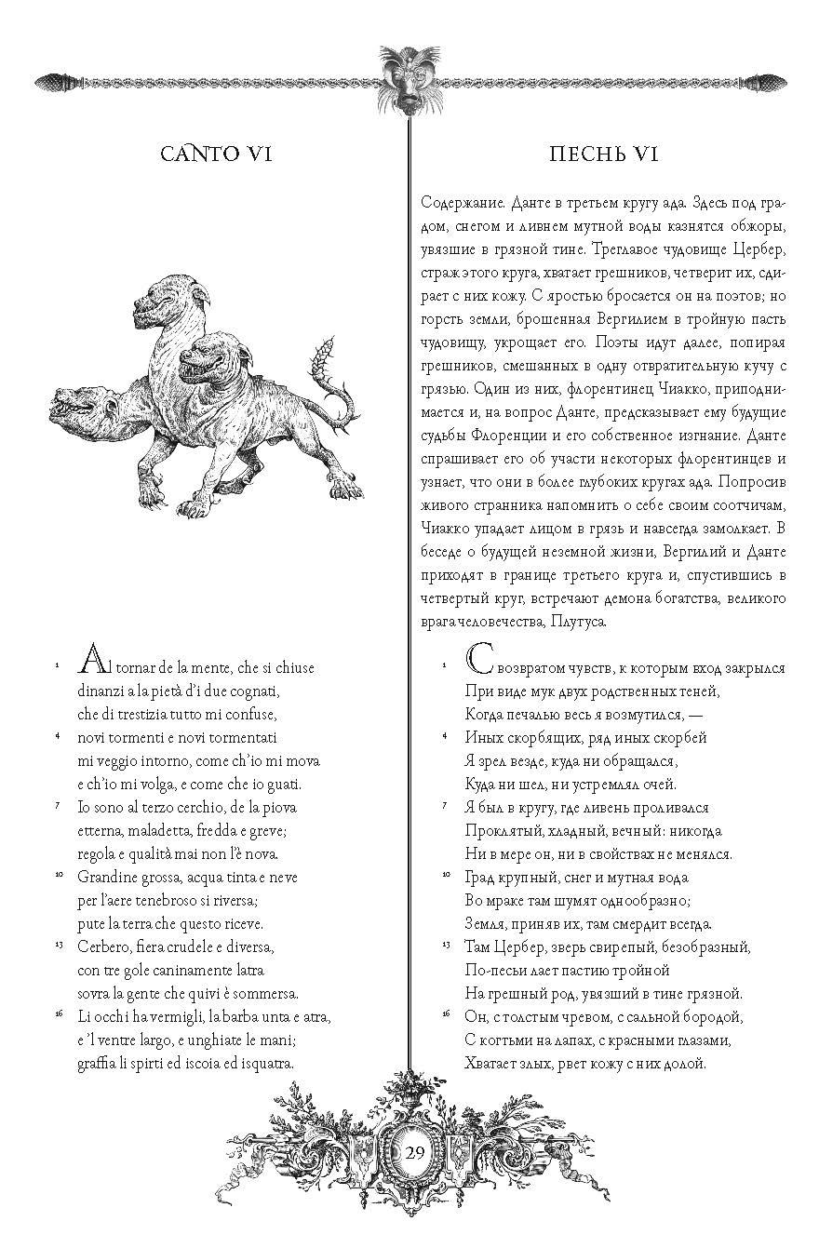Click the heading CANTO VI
click(x=215, y=154)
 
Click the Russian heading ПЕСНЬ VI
click(x=604, y=154)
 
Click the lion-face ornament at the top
click(x=409, y=77)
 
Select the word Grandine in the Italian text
click(x=109, y=877)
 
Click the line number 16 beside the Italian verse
click(x=58, y=1013)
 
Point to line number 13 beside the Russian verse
click(x=446, y=945)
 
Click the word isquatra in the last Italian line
click(x=270, y=1062)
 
